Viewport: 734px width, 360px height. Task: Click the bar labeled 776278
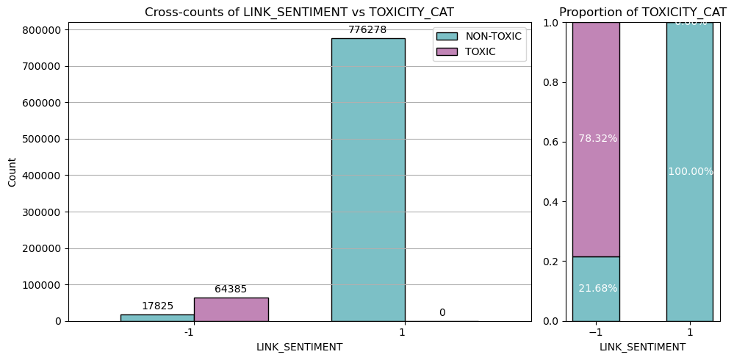click(x=367, y=179)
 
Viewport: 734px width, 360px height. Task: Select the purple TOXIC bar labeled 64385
click(x=231, y=309)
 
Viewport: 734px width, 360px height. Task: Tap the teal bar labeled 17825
click(x=157, y=317)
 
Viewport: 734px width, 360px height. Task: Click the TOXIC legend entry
click(x=481, y=51)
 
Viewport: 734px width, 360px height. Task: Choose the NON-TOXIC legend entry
click(x=493, y=36)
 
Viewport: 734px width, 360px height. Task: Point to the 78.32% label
click(x=597, y=138)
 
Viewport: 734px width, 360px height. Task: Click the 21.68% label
click(x=597, y=288)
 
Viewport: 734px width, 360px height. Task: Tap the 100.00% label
click(x=691, y=171)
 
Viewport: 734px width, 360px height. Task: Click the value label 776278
click(x=367, y=30)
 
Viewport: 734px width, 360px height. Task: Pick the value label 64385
click(x=231, y=289)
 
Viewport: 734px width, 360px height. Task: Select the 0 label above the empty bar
click(x=442, y=313)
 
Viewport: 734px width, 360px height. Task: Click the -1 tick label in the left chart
click(x=189, y=332)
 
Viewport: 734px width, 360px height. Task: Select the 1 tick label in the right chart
click(x=690, y=332)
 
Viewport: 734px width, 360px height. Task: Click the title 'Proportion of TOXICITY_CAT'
click(x=642, y=12)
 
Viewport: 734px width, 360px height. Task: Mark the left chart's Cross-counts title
click(x=299, y=12)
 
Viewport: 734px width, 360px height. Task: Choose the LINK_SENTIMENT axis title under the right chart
click(x=642, y=347)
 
